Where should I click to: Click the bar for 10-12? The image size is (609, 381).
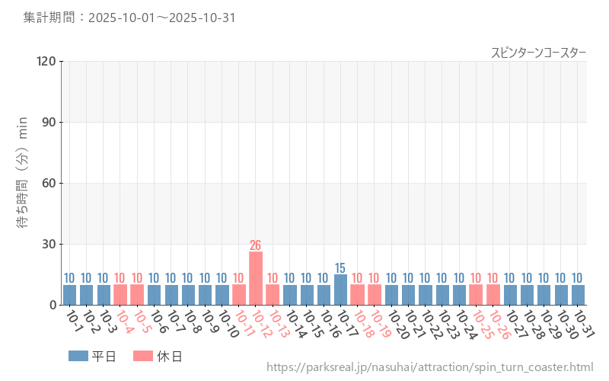[256, 278]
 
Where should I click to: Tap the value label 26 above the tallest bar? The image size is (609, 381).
[256, 245]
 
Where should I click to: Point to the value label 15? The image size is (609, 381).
[340, 268]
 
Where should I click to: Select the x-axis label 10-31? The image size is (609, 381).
[583, 322]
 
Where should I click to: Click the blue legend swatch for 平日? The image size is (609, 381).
[78, 356]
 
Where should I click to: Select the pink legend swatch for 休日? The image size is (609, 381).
[143, 356]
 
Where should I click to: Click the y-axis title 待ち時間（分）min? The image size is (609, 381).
[23, 183]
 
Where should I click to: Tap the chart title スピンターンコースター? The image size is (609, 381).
[538, 52]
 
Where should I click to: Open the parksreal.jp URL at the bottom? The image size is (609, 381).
[429, 367]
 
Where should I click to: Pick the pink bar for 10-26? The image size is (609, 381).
[493, 295]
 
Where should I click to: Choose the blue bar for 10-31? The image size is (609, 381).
[578, 295]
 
